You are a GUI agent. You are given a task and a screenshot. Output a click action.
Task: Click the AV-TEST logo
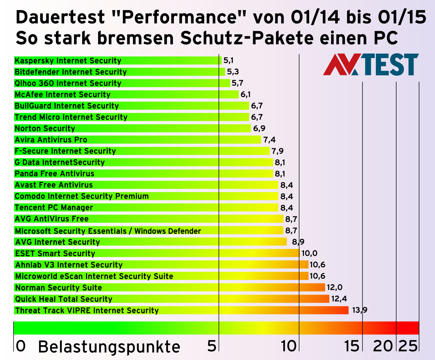(371, 65)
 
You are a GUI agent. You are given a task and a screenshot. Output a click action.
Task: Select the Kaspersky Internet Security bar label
(68, 61)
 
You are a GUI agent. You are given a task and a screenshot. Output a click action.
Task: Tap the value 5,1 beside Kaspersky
(228, 60)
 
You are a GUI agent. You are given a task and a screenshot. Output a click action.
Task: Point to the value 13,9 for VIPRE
(359, 310)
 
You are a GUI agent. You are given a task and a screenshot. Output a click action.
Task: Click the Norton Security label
(45, 128)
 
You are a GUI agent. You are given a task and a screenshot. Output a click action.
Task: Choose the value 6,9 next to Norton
(259, 128)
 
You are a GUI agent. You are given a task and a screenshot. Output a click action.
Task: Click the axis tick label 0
(20, 346)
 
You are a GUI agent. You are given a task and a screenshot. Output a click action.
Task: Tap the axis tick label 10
(288, 346)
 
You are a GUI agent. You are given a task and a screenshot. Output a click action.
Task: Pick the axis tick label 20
(383, 346)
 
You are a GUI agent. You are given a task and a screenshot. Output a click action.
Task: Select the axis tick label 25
(408, 346)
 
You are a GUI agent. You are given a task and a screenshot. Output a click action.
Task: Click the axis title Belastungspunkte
(109, 347)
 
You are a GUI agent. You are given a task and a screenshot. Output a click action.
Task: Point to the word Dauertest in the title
(60, 17)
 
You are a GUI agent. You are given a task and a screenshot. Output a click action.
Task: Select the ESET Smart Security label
(55, 253)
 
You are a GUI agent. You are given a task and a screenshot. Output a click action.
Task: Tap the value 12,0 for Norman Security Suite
(334, 287)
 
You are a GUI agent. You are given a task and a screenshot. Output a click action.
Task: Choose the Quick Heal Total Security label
(64, 299)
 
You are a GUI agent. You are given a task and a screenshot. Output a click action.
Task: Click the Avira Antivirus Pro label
(51, 140)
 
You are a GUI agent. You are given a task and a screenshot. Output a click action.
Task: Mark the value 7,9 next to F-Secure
(277, 151)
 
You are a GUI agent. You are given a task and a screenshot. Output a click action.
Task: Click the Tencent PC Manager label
(54, 208)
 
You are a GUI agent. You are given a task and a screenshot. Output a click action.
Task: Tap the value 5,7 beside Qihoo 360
(237, 83)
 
